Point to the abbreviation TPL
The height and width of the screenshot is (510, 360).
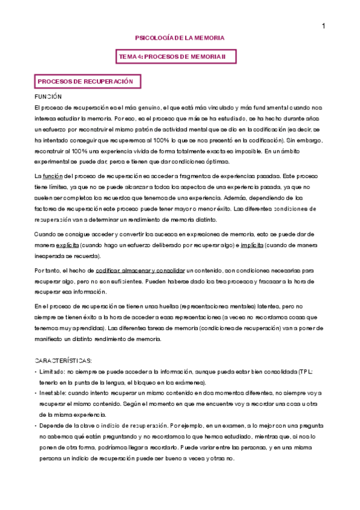pyautogui.click(x=305, y=372)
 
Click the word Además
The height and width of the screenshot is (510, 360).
pyautogui.click(x=230, y=197)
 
